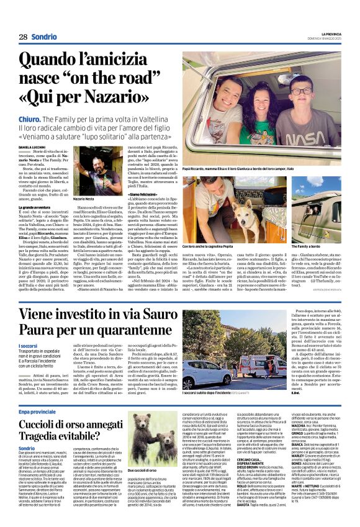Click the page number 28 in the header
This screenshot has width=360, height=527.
(x=23, y=37)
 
